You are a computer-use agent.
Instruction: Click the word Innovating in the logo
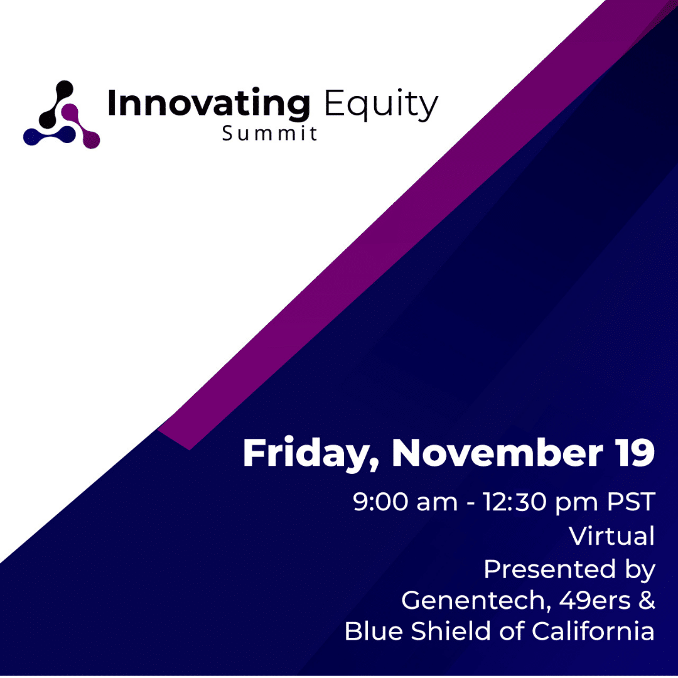(x=209, y=104)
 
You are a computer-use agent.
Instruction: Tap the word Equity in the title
(x=382, y=105)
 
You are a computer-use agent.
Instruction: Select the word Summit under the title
(x=270, y=133)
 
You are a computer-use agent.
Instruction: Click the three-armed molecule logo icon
(x=62, y=115)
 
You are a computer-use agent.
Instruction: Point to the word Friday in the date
(x=311, y=454)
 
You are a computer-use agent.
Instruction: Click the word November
(x=497, y=453)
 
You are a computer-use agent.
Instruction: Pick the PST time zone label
(x=631, y=502)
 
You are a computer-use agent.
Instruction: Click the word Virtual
(x=611, y=535)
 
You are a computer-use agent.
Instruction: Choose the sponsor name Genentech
(x=476, y=601)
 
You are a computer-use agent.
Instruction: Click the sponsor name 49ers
(x=595, y=601)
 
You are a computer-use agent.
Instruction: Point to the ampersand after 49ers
(x=647, y=601)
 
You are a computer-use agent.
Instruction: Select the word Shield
(x=451, y=631)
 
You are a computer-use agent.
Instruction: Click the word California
(x=593, y=631)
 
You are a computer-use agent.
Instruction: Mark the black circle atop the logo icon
(x=65, y=89)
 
